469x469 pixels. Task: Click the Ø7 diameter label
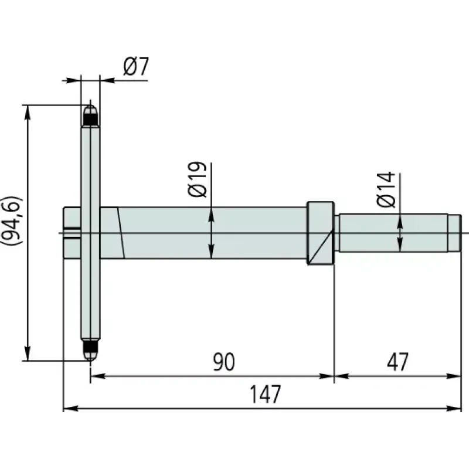point(136,66)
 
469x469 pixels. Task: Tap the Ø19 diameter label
point(197,179)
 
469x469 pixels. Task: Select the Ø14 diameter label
point(386,189)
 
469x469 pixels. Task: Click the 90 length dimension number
point(224,362)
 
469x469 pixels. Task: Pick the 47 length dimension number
point(397,362)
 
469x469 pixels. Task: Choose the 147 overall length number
point(266,394)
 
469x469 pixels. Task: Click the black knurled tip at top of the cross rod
point(90,120)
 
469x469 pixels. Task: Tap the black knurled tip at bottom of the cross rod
point(90,346)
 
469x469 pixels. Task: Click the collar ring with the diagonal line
point(320,233)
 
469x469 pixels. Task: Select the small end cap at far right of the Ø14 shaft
point(454,233)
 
